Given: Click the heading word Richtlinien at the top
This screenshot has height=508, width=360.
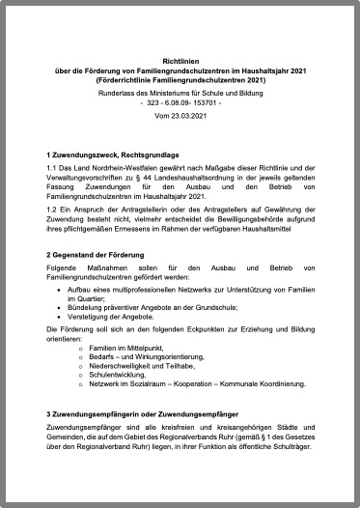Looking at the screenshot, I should click(x=180, y=59).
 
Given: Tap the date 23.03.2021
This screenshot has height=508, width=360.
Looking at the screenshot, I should click(x=188, y=116).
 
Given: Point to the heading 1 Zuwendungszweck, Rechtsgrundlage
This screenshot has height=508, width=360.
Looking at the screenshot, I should click(x=114, y=155).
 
